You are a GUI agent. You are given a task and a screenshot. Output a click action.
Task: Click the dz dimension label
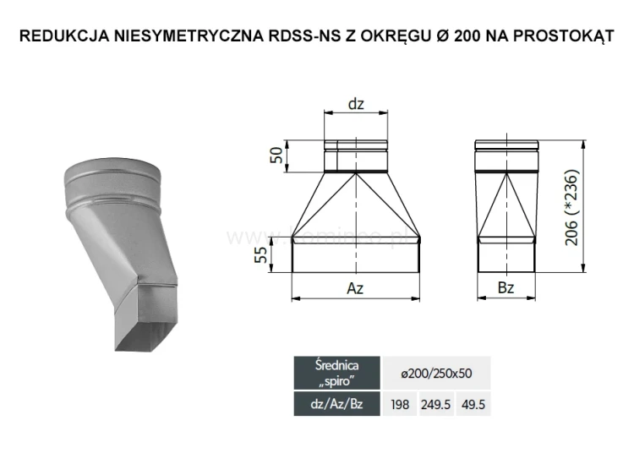pyautogui.click(x=356, y=104)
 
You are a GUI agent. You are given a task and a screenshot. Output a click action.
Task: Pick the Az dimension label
pyautogui.click(x=356, y=288)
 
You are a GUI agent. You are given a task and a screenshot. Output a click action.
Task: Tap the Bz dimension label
pyautogui.click(x=506, y=288)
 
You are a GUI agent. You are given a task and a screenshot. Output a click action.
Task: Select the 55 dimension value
pyautogui.click(x=262, y=256)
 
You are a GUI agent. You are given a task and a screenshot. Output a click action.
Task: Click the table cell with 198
pyautogui.click(x=401, y=405)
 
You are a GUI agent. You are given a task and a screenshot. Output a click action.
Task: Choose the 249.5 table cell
pyautogui.click(x=438, y=405)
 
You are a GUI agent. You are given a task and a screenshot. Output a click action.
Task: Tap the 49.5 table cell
pyautogui.click(x=473, y=405)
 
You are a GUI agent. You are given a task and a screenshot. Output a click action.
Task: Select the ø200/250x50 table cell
pyautogui.click(x=436, y=373)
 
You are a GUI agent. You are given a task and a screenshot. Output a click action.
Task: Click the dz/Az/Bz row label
pyautogui.click(x=336, y=405)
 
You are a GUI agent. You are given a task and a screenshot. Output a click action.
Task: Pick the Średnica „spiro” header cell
pyautogui.click(x=336, y=373)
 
